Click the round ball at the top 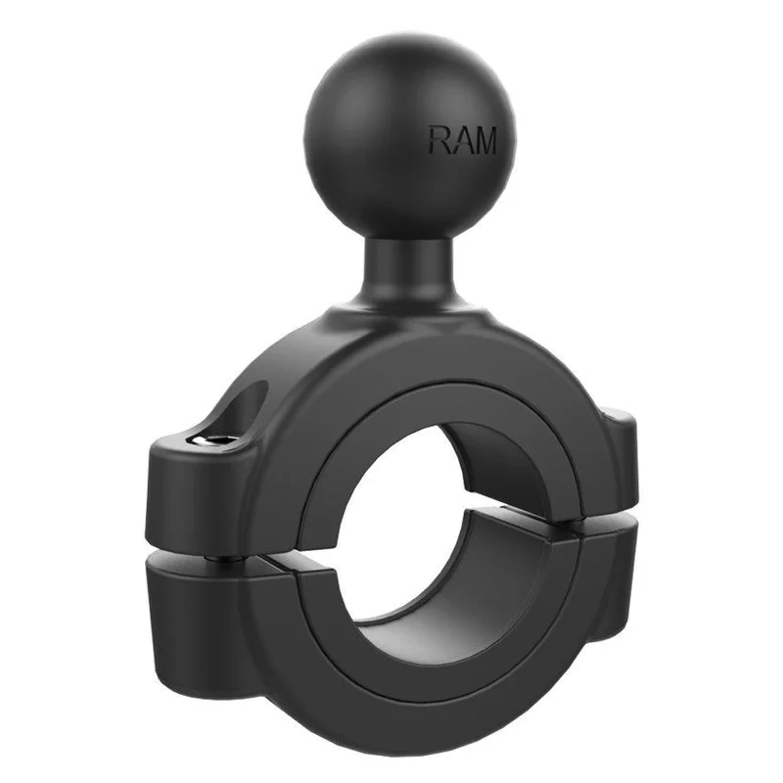tap(409, 138)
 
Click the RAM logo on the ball tap(463, 140)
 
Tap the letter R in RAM tap(439, 140)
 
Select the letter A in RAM tap(460, 140)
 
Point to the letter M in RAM tap(484, 140)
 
